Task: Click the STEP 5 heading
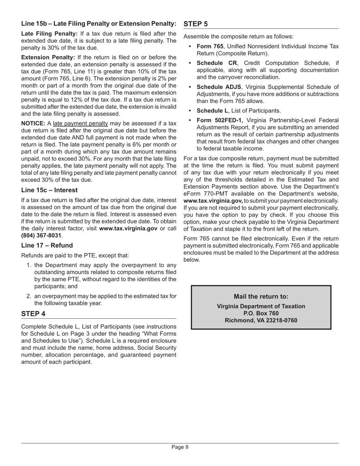[196, 24]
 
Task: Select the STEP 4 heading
[33, 314]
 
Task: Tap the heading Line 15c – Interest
[49, 190]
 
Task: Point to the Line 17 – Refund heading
[47, 246]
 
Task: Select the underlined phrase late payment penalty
[80, 124]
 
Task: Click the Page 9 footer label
[180, 447]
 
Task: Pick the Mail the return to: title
[261, 296]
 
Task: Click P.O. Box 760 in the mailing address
[261, 313]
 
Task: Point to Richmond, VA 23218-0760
[261, 321]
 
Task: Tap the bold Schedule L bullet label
[212, 111]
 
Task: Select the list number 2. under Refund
[29, 296]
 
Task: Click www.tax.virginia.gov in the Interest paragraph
[128, 228]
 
